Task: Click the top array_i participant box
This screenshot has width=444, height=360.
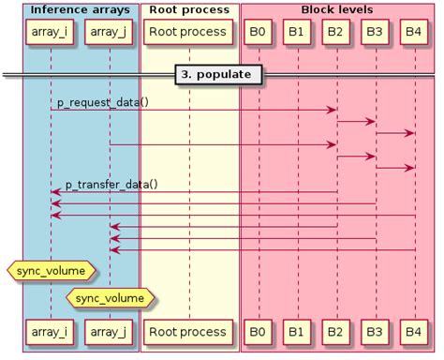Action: [51, 33]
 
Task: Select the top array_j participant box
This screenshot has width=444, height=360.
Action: [110, 33]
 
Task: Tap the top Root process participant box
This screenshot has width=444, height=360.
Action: [188, 33]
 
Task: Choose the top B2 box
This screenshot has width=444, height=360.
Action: [335, 33]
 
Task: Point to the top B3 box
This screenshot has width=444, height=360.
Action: [375, 33]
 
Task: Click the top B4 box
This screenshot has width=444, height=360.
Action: [413, 33]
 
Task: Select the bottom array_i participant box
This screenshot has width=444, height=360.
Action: [51, 332]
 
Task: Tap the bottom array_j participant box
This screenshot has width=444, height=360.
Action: [110, 332]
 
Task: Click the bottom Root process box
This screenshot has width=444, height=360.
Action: [188, 332]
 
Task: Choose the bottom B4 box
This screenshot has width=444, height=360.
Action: [413, 332]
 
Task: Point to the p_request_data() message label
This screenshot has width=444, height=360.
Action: [102, 101]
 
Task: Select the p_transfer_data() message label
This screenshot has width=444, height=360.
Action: [111, 184]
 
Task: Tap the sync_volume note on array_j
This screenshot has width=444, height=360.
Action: [111, 298]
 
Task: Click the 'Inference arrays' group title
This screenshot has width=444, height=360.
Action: [69, 9]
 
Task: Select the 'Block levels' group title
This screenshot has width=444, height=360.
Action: [336, 9]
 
